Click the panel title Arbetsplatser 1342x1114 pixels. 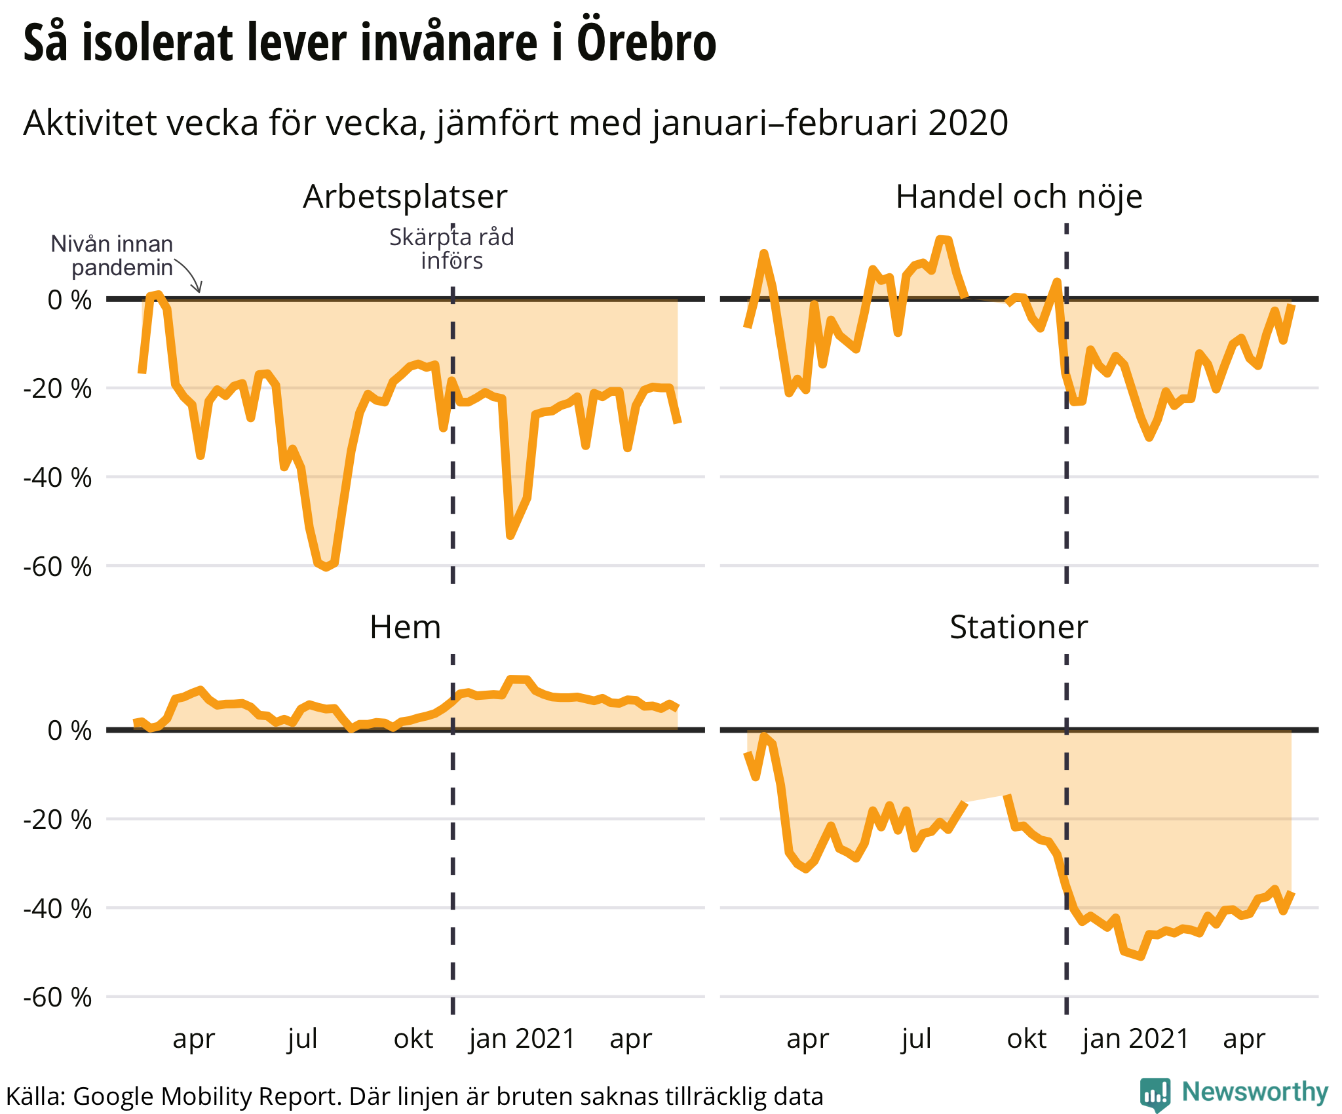pos(405,197)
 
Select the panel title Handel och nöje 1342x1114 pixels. pos(1018,197)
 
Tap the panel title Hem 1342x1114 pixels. pos(405,627)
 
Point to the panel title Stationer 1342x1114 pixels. pos(1018,627)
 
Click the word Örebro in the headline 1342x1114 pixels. pos(646,43)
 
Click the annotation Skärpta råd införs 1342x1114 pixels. pos(451,249)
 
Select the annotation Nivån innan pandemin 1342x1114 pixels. pos(113,256)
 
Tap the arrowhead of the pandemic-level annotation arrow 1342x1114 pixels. pos(199,290)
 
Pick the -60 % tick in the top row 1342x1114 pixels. pos(58,567)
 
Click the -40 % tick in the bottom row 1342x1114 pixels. pos(58,909)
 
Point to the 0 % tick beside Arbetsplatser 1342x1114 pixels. pos(69,300)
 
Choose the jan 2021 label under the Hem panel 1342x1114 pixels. pos(522,1039)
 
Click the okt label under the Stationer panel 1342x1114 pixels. pos(1026,1039)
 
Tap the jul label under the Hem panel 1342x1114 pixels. pos(302,1039)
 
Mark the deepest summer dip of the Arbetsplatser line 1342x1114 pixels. pos(326,567)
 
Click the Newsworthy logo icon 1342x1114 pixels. pos(1155,1094)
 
